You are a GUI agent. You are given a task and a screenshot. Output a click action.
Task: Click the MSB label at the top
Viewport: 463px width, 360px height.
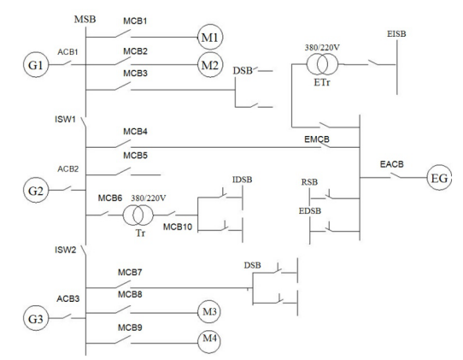[x=85, y=19]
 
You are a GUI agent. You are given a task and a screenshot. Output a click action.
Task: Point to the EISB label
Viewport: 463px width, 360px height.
[x=396, y=33]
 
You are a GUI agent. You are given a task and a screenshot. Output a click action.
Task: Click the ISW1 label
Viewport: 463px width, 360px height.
[x=65, y=119]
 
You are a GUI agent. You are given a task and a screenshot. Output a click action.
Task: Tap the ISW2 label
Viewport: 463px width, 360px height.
[x=65, y=250]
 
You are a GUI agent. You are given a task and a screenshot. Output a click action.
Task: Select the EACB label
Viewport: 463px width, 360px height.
[x=391, y=164]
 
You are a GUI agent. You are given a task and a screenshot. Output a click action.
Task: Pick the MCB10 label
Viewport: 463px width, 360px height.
[x=178, y=227]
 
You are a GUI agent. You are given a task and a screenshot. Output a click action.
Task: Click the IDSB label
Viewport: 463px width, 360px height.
[x=242, y=180]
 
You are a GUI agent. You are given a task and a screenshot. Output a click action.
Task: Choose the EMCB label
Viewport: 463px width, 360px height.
[x=317, y=139]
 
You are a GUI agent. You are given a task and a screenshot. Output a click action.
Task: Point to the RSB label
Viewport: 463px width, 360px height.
[x=309, y=182]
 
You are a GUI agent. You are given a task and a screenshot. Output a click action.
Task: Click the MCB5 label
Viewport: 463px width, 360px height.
[x=135, y=155]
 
